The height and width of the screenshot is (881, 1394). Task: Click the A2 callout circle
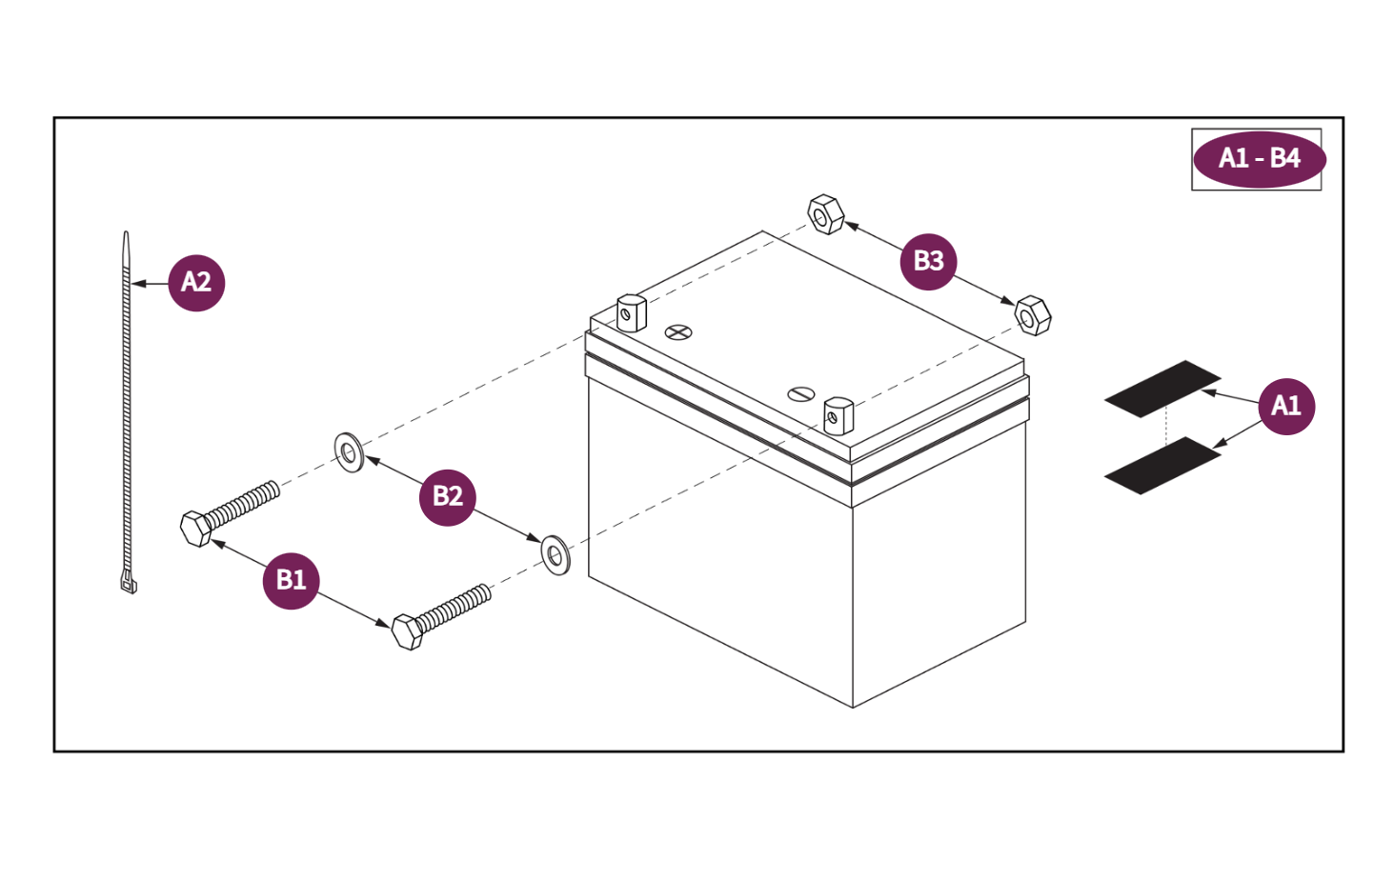click(196, 282)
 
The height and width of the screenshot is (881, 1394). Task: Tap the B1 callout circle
click(291, 580)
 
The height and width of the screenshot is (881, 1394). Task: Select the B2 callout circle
click(448, 496)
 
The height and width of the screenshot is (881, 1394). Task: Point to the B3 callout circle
click(928, 261)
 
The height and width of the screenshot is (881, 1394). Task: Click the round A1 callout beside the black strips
click(1285, 406)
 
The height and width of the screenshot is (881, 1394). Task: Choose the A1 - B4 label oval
click(1259, 159)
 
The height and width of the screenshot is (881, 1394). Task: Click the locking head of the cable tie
click(129, 581)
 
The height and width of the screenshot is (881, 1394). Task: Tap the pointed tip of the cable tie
click(126, 238)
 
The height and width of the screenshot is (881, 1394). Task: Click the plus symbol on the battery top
click(678, 332)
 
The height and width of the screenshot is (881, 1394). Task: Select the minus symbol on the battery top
click(801, 394)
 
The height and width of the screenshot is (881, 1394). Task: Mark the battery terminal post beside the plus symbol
click(631, 313)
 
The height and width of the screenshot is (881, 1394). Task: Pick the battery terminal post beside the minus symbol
click(838, 415)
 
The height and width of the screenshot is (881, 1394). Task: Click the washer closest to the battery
click(556, 554)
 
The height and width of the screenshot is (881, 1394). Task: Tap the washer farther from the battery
click(349, 452)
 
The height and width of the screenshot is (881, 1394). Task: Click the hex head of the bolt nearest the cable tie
click(196, 529)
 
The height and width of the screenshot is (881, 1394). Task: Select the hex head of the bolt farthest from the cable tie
click(408, 631)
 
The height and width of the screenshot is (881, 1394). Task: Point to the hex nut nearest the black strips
click(1032, 315)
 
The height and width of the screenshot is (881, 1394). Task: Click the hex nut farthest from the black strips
click(825, 214)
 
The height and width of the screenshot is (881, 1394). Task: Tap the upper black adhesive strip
click(1162, 388)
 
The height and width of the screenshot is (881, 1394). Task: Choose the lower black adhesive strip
click(1162, 466)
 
